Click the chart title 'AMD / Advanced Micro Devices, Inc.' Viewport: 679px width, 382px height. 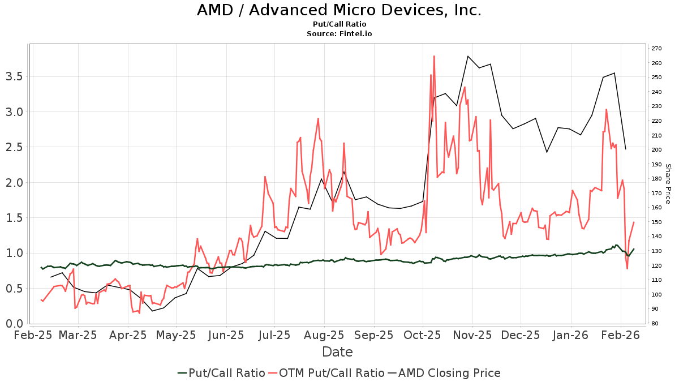[339, 10]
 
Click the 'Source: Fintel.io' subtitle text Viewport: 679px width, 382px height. [339, 34]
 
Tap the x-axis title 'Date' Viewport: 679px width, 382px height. [337, 352]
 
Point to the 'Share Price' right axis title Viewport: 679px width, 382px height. [668, 183]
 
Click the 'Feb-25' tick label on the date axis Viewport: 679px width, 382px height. [32, 335]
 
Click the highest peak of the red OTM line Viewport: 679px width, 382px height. [434, 56]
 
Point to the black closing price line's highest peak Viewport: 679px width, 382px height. [468, 56]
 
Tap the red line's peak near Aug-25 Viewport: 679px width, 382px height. [318, 118]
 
